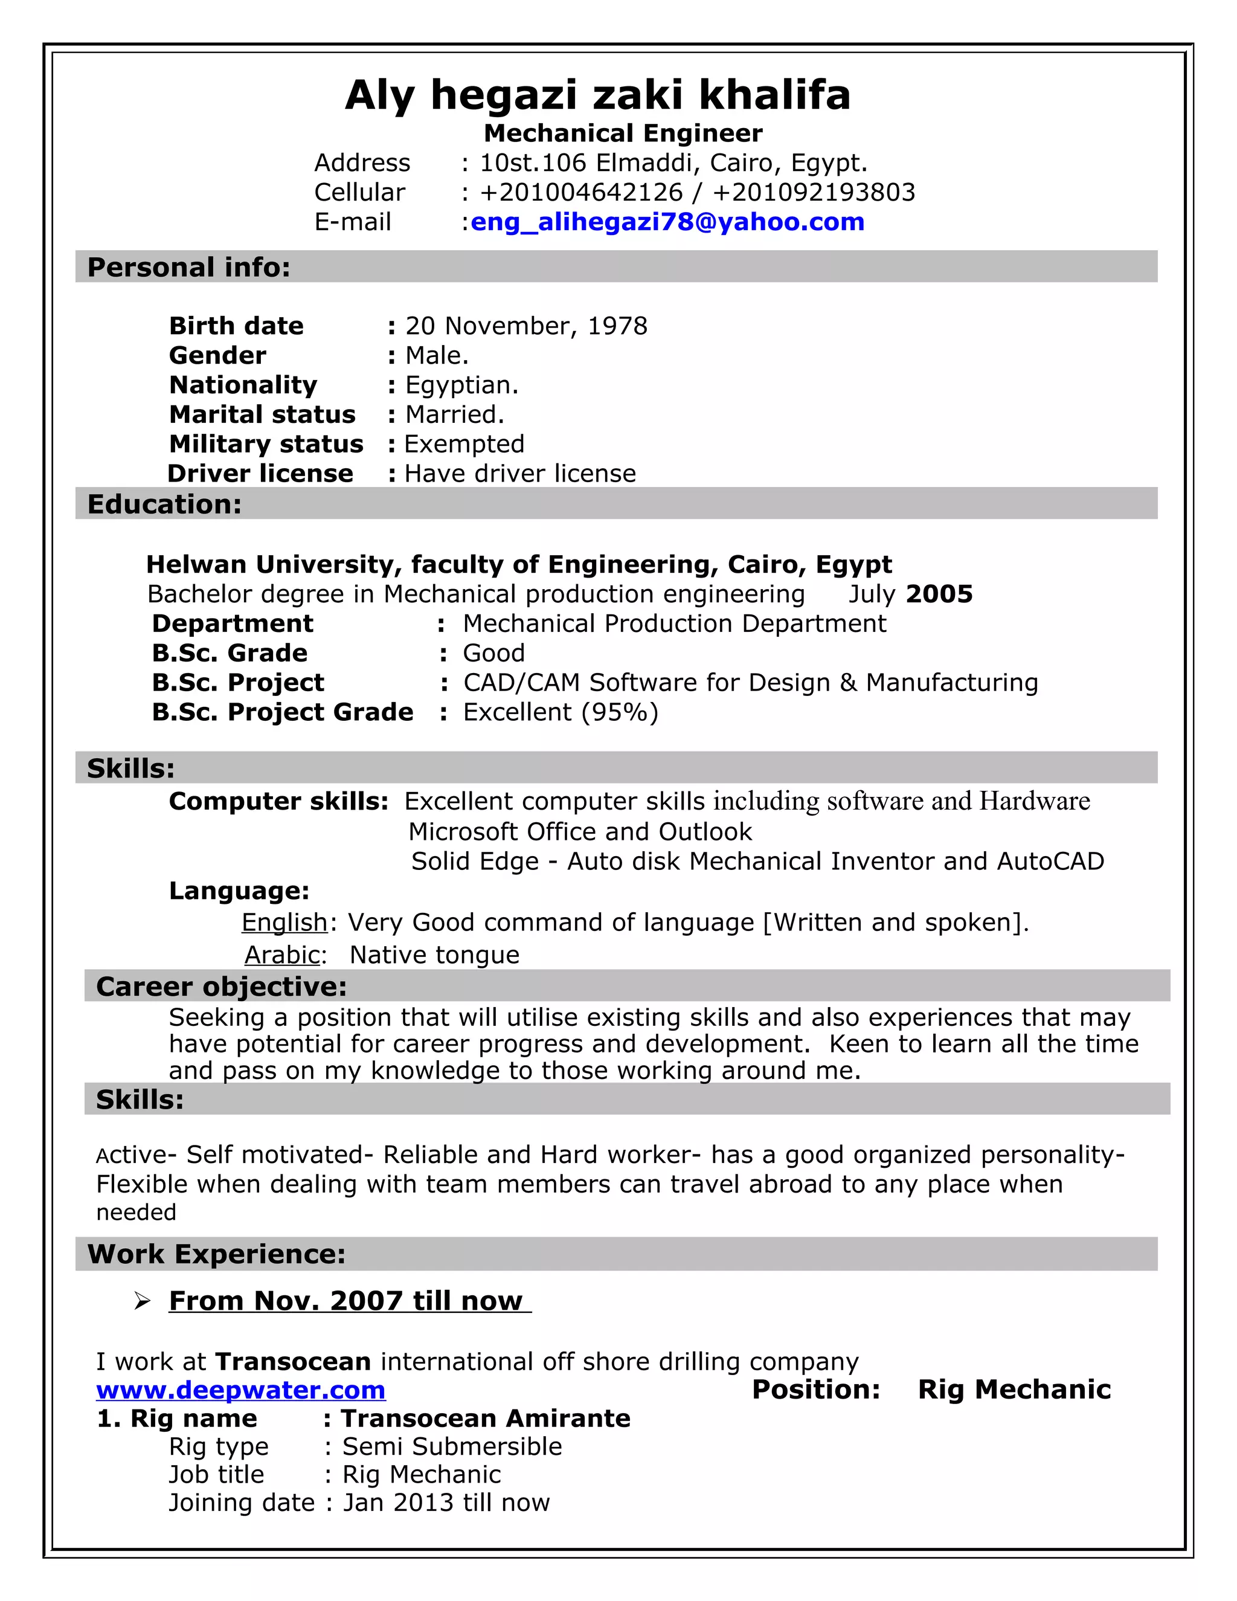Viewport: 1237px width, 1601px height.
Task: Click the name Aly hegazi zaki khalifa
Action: (597, 95)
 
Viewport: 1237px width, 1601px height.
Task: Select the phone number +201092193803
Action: (814, 192)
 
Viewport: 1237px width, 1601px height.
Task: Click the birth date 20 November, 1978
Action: (526, 326)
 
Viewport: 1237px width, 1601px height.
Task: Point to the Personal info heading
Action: (189, 268)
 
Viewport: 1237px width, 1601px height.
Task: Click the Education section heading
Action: (164, 504)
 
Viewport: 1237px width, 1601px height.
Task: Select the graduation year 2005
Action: (939, 594)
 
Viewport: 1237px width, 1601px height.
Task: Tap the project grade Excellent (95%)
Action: (561, 712)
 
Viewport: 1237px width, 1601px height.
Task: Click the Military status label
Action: (266, 444)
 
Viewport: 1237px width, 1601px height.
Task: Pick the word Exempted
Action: (464, 444)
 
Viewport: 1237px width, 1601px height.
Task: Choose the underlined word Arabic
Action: (283, 955)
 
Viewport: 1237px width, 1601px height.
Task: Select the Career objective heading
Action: (221, 987)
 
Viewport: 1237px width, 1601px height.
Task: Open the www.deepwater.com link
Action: (241, 1390)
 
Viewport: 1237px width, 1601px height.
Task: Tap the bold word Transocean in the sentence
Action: (293, 1361)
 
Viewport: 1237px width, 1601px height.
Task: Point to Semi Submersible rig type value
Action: (452, 1446)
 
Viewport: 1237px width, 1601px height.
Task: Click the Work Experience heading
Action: (216, 1254)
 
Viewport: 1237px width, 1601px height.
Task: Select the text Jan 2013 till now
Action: (446, 1502)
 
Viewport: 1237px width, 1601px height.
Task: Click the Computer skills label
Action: (278, 801)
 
